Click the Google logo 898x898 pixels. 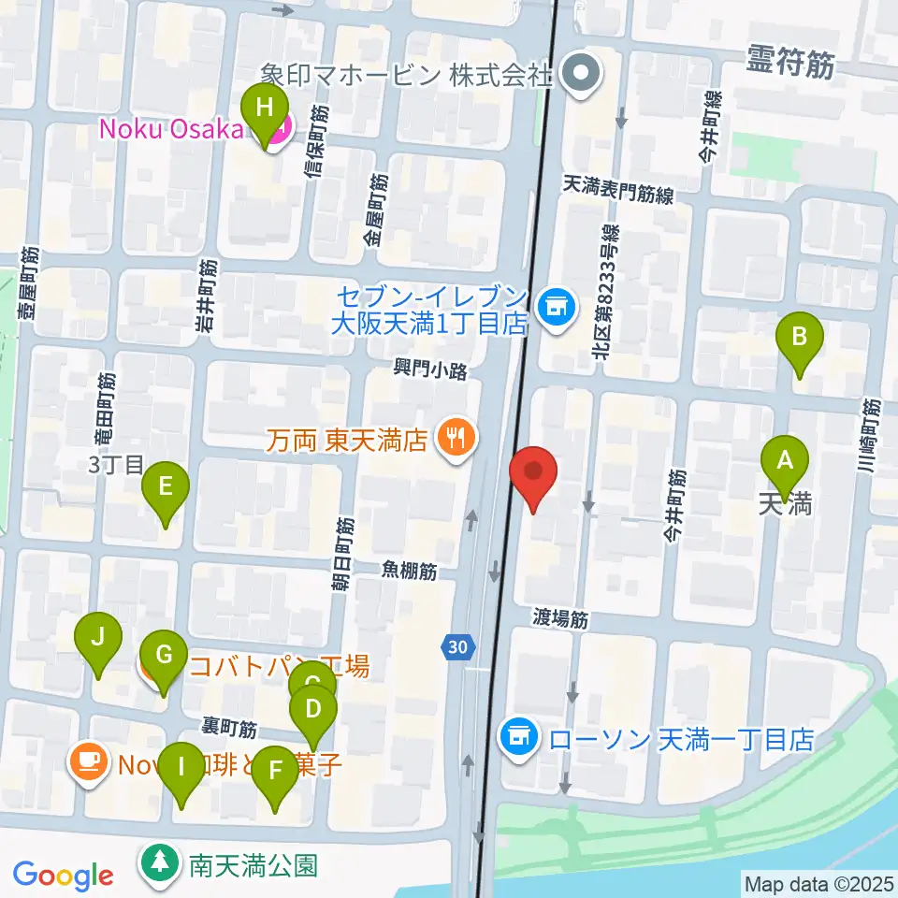pos(63,876)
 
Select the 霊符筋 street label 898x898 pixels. pos(791,63)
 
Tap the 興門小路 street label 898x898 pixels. pos(429,371)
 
